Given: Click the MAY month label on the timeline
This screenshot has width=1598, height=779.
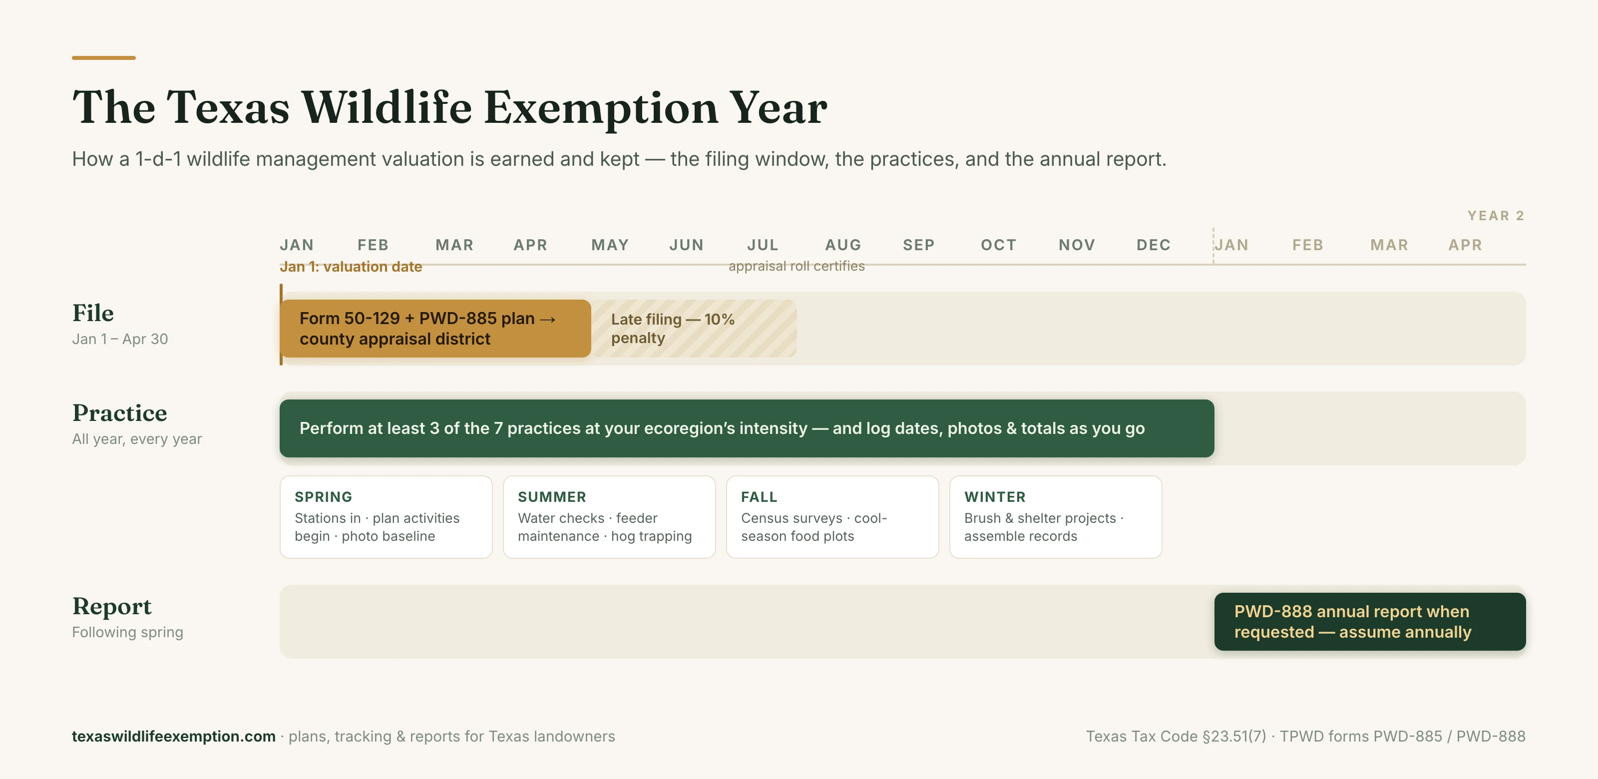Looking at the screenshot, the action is pyautogui.click(x=610, y=245).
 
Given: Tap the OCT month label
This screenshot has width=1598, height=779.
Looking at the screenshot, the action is pyautogui.click(x=998, y=245).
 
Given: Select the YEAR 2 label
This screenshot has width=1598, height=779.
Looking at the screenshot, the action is pyautogui.click(x=1496, y=216).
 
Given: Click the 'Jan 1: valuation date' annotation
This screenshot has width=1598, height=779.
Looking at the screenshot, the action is pyautogui.click(x=351, y=267).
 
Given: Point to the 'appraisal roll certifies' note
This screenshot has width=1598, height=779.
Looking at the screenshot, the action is pyautogui.click(x=797, y=266).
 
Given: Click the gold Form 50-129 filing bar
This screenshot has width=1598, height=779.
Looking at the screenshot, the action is pyautogui.click(x=435, y=328).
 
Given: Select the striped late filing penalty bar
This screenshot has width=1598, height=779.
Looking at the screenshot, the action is pyautogui.click(x=694, y=328).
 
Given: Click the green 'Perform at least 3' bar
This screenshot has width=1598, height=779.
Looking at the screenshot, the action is pyautogui.click(x=747, y=428).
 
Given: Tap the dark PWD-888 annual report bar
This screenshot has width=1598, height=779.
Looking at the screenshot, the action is pyautogui.click(x=1370, y=622).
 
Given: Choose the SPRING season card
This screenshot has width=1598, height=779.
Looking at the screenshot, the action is pyautogui.click(x=386, y=517).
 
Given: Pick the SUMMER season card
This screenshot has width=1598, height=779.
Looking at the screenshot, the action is pyautogui.click(x=609, y=517).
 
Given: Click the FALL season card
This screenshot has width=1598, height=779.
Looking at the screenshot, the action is pyautogui.click(x=832, y=517).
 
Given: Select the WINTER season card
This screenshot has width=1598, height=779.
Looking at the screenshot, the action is pyautogui.click(x=1056, y=517).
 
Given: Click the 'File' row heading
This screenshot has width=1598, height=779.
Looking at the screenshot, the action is pyautogui.click(x=93, y=313).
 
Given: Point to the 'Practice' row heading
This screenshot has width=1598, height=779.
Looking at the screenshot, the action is pyautogui.click(x=120, y=413).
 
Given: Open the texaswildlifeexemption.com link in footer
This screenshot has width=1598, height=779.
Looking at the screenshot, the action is pyautogui.click(x=174, y=736).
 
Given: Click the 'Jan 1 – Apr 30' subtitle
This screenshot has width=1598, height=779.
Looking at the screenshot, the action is pyautogui.click(x=120, y=339).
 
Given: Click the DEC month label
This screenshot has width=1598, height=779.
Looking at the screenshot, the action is pyautogui.click(x=1153, y=245).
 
